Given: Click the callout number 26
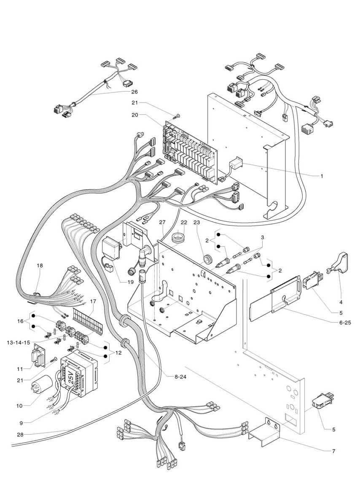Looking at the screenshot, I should click(134, 91).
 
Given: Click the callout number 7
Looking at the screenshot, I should click(333, 452).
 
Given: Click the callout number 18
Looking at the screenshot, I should click(40, 266).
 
